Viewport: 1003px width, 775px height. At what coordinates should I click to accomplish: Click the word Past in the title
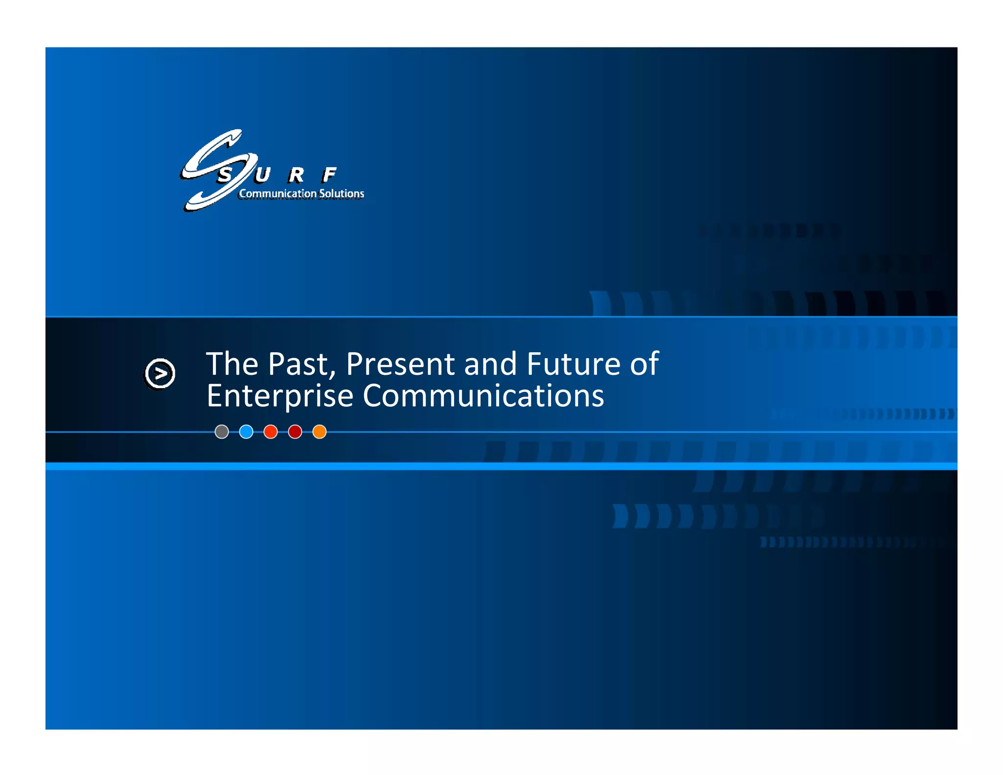point(301,364)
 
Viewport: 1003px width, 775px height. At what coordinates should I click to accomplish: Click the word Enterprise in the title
point(280,396)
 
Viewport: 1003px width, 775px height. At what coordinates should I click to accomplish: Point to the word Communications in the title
point(483,396)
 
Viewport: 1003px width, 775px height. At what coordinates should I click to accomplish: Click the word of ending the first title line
point(644,364)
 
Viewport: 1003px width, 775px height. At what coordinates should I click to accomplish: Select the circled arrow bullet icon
point(160,374)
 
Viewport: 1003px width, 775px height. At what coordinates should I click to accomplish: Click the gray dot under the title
point(222,432)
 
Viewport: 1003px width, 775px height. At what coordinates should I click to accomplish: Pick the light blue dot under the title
point(246,432)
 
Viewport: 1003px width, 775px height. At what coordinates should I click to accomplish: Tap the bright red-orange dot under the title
point(271,432)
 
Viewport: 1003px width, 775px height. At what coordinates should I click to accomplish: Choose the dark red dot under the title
point(295,432)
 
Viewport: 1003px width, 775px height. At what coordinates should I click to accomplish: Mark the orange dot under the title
point(319,432)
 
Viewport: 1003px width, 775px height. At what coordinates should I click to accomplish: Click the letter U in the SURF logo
point(262,174)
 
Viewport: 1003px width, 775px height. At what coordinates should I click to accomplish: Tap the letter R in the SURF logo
point(296,174)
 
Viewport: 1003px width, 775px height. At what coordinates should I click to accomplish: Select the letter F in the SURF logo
point(329,174)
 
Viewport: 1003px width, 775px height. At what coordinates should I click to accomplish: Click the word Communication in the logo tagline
point(278,194)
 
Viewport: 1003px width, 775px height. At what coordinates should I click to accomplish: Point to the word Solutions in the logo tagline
point(341,194)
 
